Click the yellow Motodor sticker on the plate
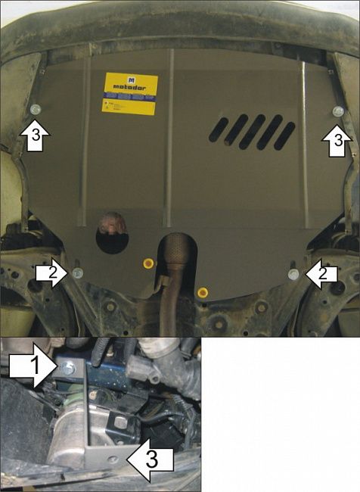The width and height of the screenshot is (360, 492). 130,94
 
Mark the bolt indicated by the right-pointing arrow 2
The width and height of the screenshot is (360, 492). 78,272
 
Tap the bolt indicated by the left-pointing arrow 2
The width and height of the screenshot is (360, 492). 293,274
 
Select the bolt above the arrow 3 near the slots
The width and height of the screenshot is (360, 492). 337,111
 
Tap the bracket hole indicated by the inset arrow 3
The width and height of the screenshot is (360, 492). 113,458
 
